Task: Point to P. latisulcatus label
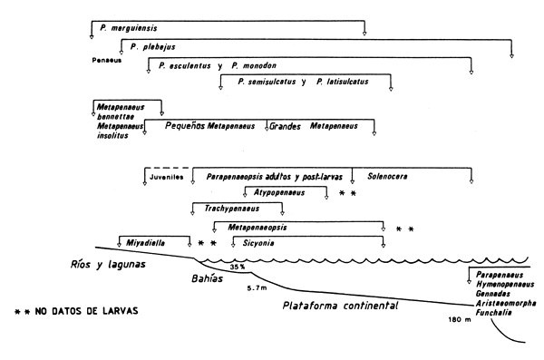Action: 343,83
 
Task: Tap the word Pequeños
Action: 184,126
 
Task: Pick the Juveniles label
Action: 167,177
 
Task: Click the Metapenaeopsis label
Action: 264,227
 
